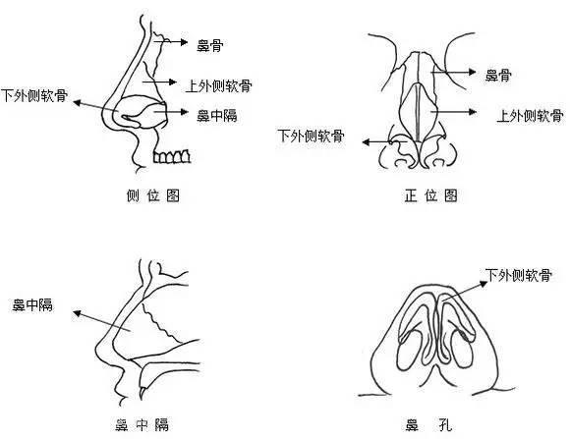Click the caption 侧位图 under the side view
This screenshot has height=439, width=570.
coord(153,195)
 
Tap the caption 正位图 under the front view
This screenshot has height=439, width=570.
coord(430,195)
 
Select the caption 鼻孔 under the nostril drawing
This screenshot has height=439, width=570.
coord(428,424)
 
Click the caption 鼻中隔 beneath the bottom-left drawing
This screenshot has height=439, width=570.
coord(142,424)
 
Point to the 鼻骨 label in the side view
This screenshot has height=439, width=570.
coord(210,45)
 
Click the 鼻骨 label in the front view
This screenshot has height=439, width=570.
coord(498,76)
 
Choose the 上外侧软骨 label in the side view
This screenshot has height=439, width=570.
coord(219,86)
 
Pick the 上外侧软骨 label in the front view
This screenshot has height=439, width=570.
coord(531,116)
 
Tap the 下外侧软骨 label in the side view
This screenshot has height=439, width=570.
coord(34,95)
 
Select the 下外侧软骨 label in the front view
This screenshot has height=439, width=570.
coord(311,136)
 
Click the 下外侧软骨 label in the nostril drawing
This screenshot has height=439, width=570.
coord(519,275)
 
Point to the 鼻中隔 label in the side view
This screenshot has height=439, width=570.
coord(217,116)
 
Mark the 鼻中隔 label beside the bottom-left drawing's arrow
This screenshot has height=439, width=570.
coord(32,304)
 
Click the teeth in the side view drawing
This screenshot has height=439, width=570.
coord(172,156)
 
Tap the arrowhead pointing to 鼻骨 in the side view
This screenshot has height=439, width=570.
coord(185,42)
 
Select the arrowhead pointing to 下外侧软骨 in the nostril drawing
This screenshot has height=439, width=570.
coord(484,284)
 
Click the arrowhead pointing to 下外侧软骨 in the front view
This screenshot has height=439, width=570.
coord(366,141)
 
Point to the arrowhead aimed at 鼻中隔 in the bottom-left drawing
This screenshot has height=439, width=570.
coord(77,313)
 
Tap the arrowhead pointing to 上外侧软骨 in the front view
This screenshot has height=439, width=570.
coord(473,112)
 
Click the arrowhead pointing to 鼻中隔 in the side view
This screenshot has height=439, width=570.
coord(185,112)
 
